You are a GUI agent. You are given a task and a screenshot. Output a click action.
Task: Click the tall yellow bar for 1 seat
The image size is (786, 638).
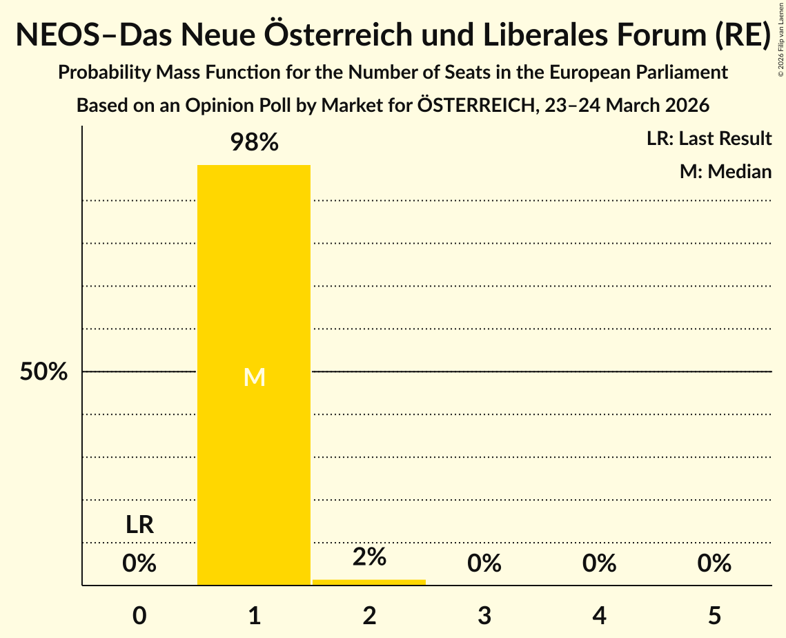tap(254, 449)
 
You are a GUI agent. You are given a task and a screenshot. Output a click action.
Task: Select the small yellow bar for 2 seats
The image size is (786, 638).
tap(369, 582)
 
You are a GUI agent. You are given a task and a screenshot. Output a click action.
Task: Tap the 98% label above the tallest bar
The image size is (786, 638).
tap(254, 143)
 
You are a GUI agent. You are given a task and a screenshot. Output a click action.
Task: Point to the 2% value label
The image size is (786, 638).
tap(369, 557)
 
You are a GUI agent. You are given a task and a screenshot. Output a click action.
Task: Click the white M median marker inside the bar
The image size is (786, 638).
tap(254, 377)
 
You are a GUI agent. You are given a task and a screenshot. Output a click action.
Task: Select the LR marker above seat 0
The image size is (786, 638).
tap(139, 525)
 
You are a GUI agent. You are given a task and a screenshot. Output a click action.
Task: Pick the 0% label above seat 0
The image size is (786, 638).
tap(139, 564)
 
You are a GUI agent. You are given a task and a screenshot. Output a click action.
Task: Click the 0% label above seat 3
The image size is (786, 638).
tap(484, 564)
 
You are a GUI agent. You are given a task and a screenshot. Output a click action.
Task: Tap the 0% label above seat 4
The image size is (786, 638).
tap(599, 564)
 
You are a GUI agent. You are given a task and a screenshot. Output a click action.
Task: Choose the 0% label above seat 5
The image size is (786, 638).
tap(714, 564)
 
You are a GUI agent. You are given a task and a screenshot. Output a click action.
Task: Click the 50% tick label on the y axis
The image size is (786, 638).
tap(43, 372)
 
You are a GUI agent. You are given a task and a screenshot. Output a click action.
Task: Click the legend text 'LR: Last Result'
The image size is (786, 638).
tap(709, 139)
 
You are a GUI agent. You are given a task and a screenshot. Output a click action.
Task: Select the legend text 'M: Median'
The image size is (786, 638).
tap(725, 171)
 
